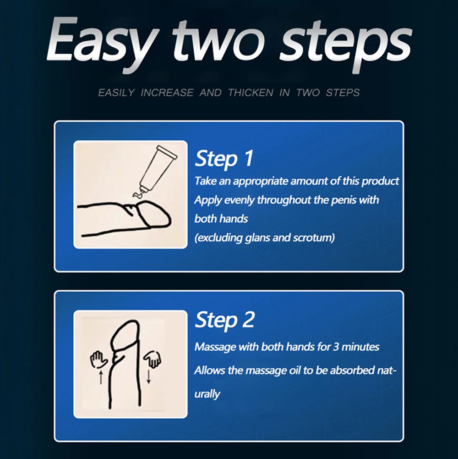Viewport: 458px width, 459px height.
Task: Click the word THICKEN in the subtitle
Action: click(x=251, y=93)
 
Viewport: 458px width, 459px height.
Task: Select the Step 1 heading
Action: click(x=224, y=158)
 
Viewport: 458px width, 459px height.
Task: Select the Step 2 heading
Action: click(x=224, y=320)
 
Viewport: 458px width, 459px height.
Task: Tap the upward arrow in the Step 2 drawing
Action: click(x=101, y=377)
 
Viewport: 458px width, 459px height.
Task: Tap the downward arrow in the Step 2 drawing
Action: click(x=148, y=377)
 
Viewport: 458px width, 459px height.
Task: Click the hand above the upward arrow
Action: click(x=99, y=360)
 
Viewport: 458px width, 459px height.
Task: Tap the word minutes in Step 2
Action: click(x=360, y=347)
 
